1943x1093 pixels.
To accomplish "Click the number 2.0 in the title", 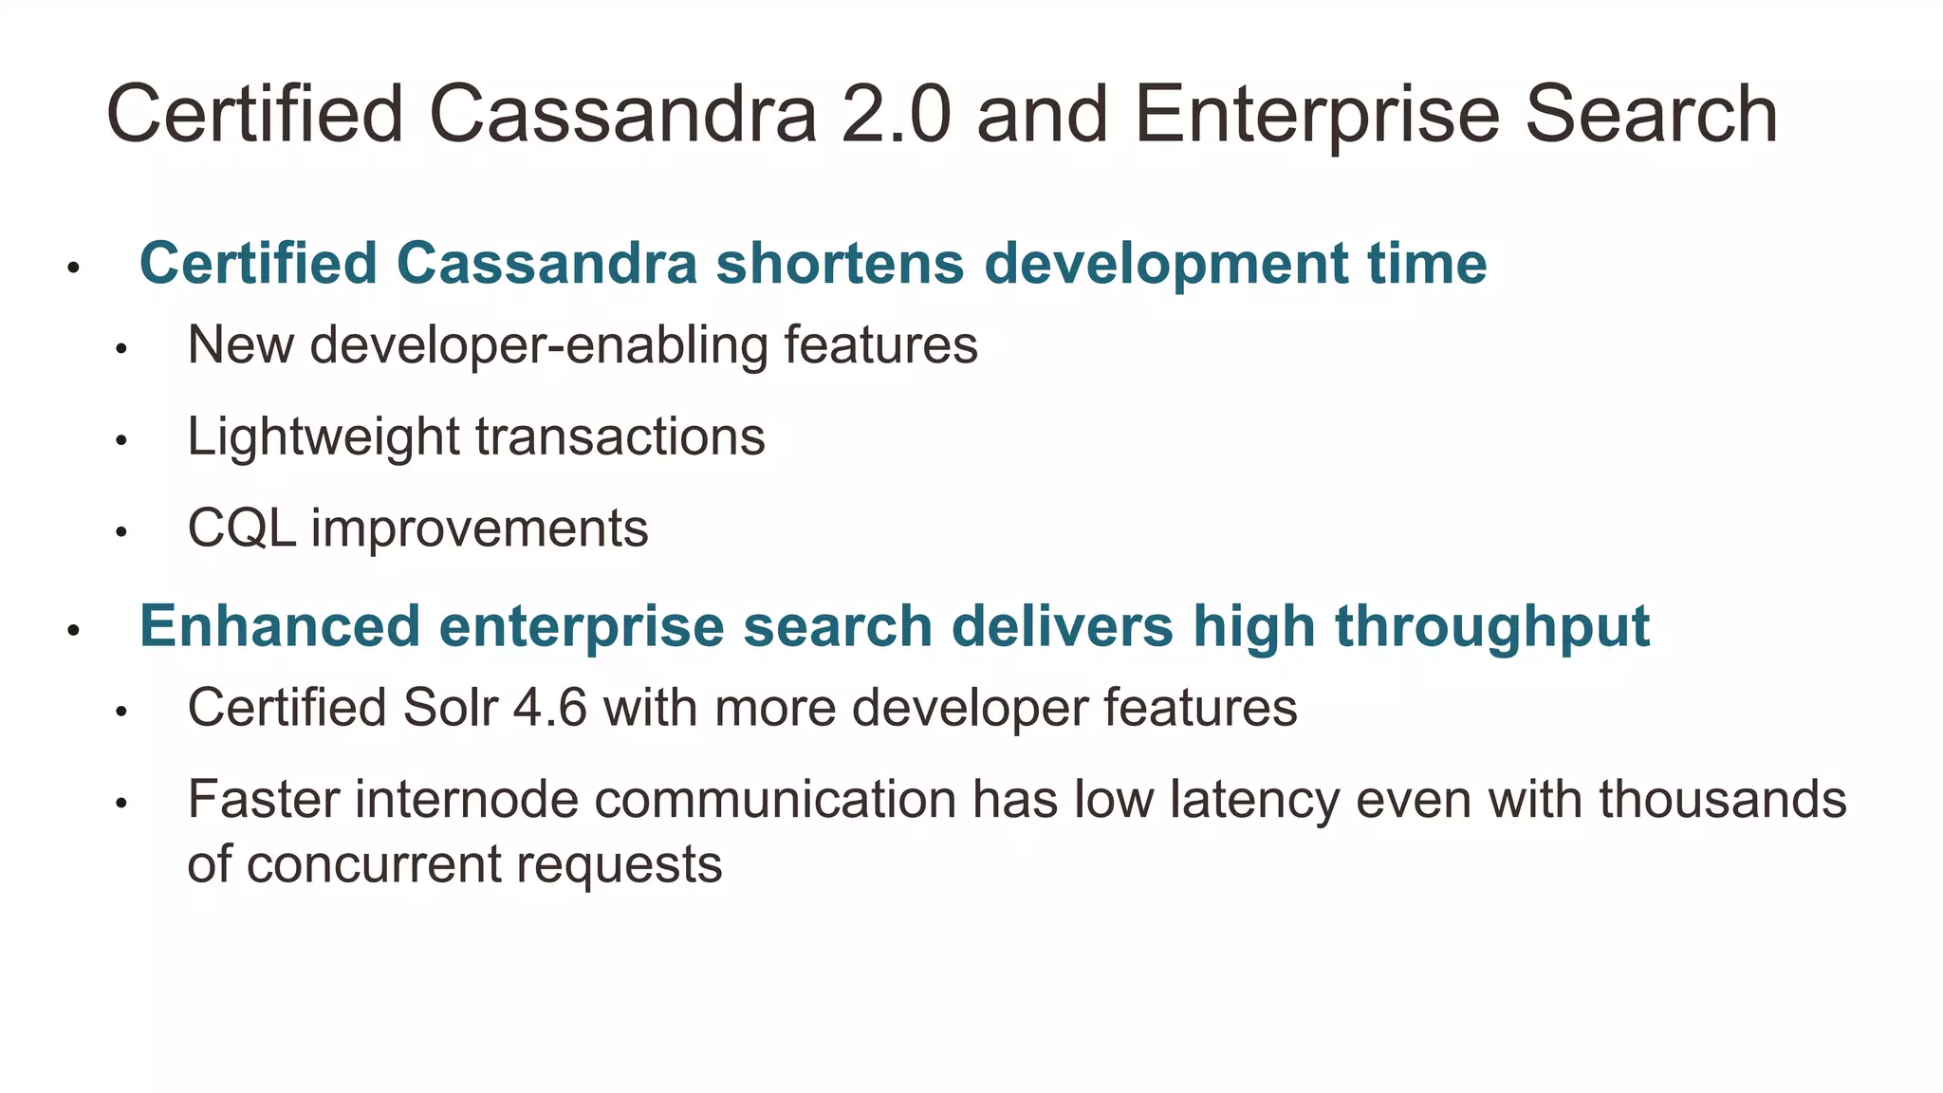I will pyautogui.click(x=896, y=115).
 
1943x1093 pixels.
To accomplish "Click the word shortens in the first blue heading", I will pyautogui.click(x=840, y=263).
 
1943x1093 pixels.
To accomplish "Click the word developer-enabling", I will pyautogui.click(x=539, y=345).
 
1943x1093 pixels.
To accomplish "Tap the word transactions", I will pyautogui.click(x=620, y=437).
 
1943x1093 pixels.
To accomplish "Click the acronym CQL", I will pyautogui.click(x=242, y=528).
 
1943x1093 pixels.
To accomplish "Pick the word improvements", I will pyautogui.click(x=480, y=529).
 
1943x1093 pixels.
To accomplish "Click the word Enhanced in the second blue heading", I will pyautogui.click(x=280, y=626).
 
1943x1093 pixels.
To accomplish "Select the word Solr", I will pyautogui.click(x=450, y=708).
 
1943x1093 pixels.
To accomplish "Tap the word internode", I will pyautogui.click(x=466, y=799).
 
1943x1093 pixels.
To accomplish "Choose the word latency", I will pyautogui.click(x=1254, y=800).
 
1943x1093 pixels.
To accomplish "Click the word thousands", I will pyautogui.click(x=1722, y=799).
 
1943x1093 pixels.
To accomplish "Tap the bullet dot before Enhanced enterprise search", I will pyautogui.click(x=73, y=630).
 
